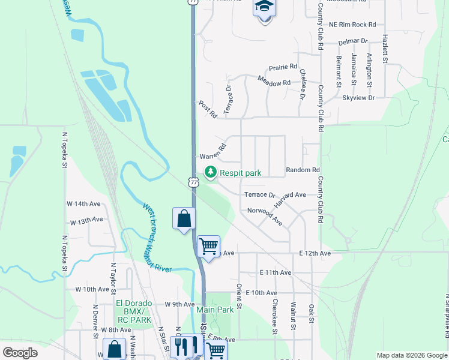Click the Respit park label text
click(x=240, y=173)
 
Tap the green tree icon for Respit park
click(x=211, y=172)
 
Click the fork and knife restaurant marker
click(x=184, y=346)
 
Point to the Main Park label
click(x=215, y=310)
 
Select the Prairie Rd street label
click(x=283, y=67)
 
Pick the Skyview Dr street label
click(x=358, y=97)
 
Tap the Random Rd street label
click(x=303, y=170)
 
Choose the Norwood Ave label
click(x=265, y=217)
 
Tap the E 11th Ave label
click(x=276, y=272)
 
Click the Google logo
click(x=20, y=353)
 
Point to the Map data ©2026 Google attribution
click(x=412, y=355)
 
